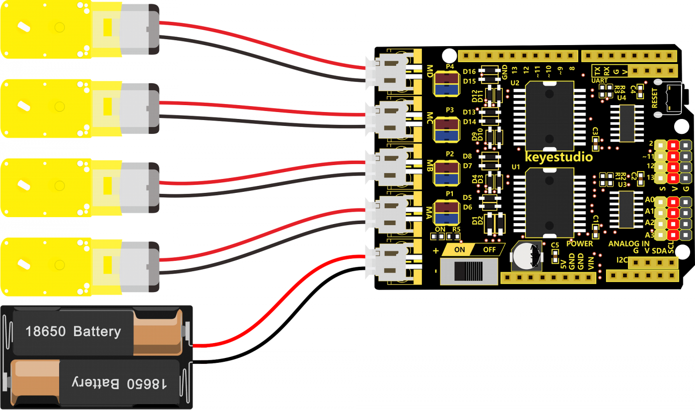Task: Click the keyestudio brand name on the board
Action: point(558,158)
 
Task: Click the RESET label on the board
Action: point(654,98)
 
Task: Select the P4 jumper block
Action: point(446,83)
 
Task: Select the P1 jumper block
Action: point(445,212)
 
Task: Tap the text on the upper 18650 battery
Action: point(73,331)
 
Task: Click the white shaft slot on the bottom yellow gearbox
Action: point(22,263)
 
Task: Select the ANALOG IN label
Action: point(628,243)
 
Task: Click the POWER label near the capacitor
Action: point(579,243)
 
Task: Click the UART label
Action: point(600,80)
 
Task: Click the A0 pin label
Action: point(649,200)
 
